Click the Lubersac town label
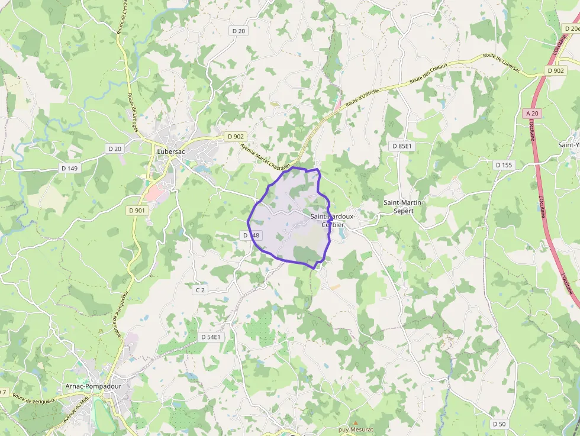pyautogui.click(x=171, y=151)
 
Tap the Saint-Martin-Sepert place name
pyautogui.click(x=403, y=206)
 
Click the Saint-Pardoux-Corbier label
pyautogui.click(x=333, y=221)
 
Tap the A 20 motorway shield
pyautogui.click(x=532, y=113)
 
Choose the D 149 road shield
pyautogui.click(x=69, y=168)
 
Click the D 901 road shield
pyautogui.click(x=137, y=210)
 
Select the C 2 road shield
pyautogui.click(x=200, y=290)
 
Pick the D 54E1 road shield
pyautogui.click(x=211, y=337)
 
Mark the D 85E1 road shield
pyautogui.click(x=402, y=146)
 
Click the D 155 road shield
pyautogui.click(x=504, y=165)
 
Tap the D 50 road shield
pyautogui.click(x=500, y=424)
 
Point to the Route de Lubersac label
pyautogui.click(x=501, y=63)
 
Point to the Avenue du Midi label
pyautogui.click(x=76, y=412)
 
